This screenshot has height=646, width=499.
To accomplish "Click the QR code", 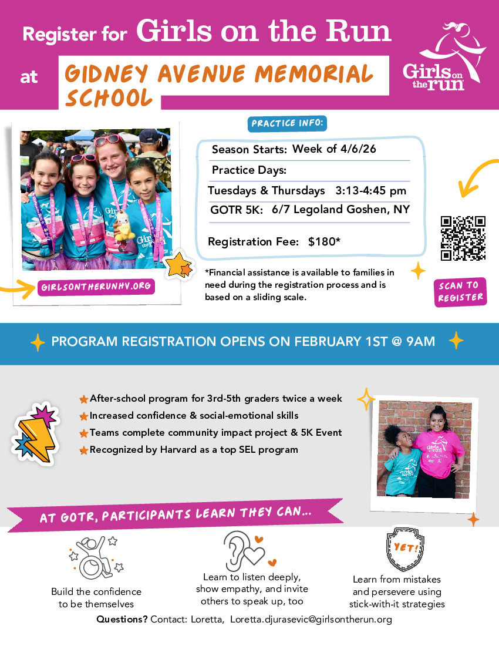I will pyautogui.click(x=463, y=238).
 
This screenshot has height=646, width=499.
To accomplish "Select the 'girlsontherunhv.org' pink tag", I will pyautogui.click(x=96, y=287).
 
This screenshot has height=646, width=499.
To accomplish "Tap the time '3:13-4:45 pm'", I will pyautogui.click(x=371, y=191).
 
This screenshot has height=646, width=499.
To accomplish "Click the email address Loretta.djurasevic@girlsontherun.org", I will pyautogui.click(x=311, y=620).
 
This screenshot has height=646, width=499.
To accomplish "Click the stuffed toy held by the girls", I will pyautogui.click(x=124, y=226).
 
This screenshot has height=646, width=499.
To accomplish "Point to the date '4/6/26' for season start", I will pyautogui.click(x=358, y=149).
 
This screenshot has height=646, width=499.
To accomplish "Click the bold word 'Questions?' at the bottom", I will pyautogui.click(x=122, y=620).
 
